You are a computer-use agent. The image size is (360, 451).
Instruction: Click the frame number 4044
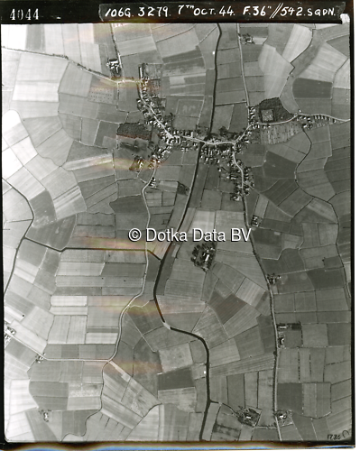[24, 14]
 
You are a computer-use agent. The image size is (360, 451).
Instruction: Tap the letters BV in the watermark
[240, 235]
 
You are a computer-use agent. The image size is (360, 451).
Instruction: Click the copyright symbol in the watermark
[134, 235]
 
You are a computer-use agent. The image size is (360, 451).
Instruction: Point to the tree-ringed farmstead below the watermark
[203, 256]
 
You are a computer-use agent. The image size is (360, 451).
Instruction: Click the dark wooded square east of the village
[269, 113]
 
